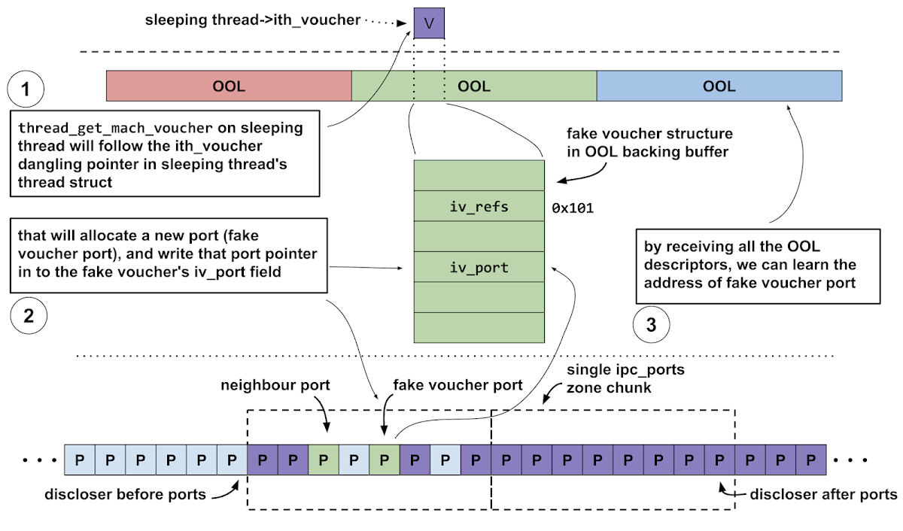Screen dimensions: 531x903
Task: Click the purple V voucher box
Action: click(429, 23)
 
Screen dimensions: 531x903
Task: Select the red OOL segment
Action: click(229, 86)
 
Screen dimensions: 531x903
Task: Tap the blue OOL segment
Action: click(719, 86)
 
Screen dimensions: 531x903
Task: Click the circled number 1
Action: click(26, 91)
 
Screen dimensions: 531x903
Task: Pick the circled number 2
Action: click(29, 316)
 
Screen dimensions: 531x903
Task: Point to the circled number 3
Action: click(652, 325)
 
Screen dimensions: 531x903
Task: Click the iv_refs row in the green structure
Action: click(478, 206)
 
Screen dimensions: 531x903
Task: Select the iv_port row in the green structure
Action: click(478, 267)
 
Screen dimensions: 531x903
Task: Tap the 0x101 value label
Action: click(573, 207)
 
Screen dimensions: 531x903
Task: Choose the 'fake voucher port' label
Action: click(458, 385)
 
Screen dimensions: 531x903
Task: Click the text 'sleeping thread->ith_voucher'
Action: click(253, 20)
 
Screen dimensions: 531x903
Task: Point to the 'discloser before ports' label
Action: click(125, 495)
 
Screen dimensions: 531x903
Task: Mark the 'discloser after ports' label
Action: click(824, 494)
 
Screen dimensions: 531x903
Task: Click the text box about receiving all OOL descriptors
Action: click(758, 267)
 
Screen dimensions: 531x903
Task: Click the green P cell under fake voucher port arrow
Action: click(384, 459)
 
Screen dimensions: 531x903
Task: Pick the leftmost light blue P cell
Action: click(80, 459)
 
